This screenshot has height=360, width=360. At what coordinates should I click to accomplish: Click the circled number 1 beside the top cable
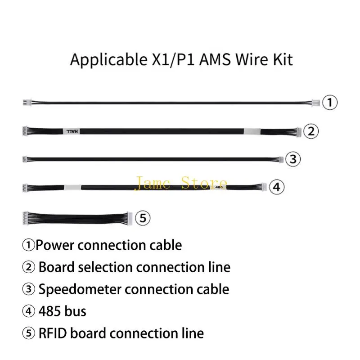tap(330, 103)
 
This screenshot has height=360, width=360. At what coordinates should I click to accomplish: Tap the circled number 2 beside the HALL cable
tap(311, 131)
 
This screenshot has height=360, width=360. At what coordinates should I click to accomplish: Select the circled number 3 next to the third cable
tap(293, 159)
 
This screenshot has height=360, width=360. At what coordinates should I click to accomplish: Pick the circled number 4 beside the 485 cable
tap(277, 187)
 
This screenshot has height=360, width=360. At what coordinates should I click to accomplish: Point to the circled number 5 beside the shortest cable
tap(143, 218)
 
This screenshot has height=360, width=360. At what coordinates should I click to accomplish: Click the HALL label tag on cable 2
tap(72, 131)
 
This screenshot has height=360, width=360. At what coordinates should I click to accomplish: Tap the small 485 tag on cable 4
tap(219, 187)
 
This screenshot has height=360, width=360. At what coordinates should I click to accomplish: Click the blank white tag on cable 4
tap(72, 187)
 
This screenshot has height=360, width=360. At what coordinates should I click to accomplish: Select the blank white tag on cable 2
tap(252, 131)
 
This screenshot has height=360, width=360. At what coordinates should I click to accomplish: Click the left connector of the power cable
tap(27, 103)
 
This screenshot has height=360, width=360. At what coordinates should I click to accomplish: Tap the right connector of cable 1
tap(316, 103)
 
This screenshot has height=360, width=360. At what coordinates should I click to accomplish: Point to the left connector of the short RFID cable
tap(26, 218)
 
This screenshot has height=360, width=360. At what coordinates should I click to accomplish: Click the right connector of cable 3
tap(281, 159)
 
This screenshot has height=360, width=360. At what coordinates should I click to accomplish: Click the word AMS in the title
tap(215, 59)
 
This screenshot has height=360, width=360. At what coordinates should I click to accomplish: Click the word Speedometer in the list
tap(80, 289)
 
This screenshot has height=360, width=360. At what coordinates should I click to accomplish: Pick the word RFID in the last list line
tap(53, 333)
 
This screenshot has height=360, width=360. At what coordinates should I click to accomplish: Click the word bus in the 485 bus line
tap(75, 311)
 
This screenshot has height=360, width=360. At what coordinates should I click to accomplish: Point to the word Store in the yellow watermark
tap(204, 183)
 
